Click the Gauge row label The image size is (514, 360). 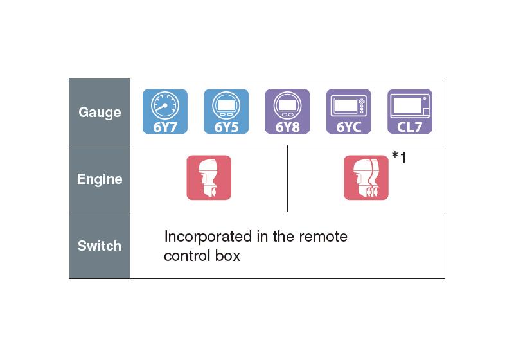coord(100,113)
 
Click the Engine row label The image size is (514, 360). coord(100,179)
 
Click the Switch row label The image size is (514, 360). coord(100,246)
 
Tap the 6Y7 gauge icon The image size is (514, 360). coord(165,111)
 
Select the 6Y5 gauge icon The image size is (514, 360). coord(226,111)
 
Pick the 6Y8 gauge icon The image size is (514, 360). coord(287,111)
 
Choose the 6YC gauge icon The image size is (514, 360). coord(349,111)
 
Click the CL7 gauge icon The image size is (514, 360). coord(410,111)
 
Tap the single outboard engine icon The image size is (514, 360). coord(209,177)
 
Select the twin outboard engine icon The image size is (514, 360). coord(366,177)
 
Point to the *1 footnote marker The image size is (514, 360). coord(399,157)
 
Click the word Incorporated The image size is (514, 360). coord(208,237)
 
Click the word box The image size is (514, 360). coord(227,256)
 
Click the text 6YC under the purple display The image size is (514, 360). coord(349,127)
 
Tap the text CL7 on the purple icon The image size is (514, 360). coord(410,127)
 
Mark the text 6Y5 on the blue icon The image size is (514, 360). coord(226,127)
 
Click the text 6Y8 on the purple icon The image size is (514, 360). coord(287,127)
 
